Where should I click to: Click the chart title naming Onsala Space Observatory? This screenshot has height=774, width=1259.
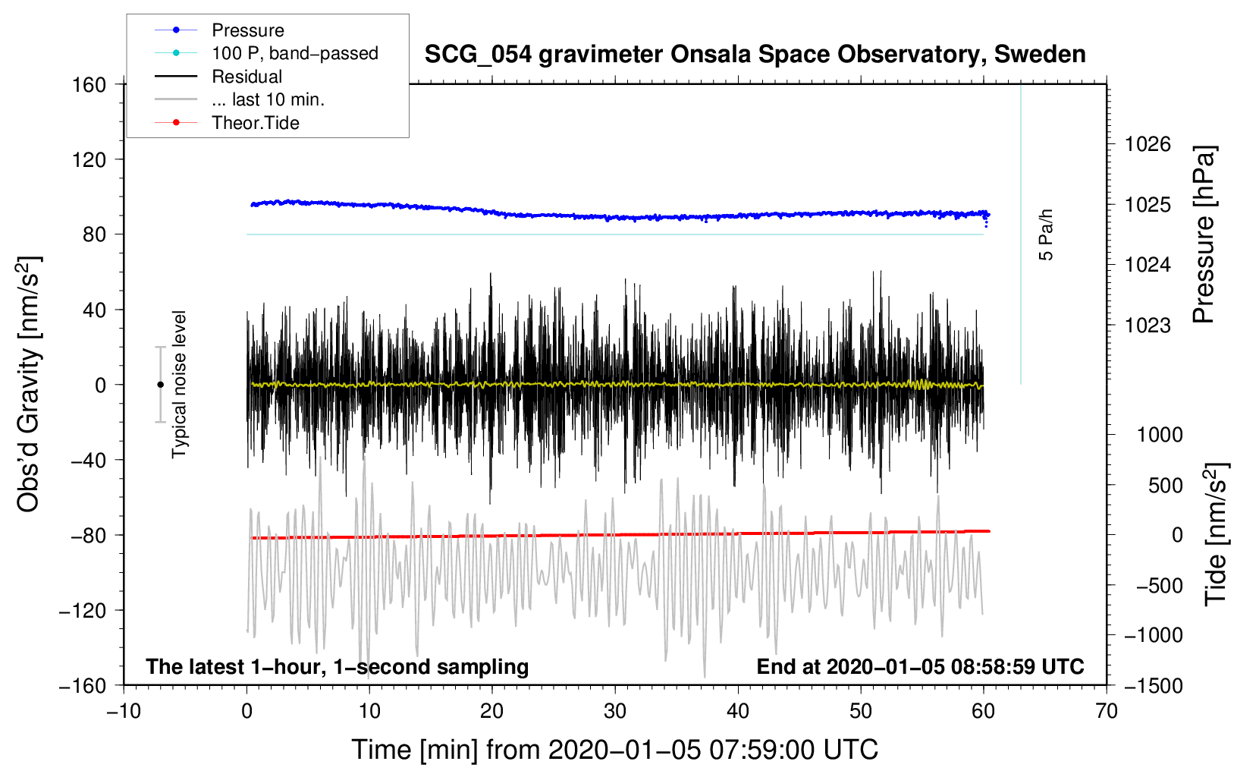[x=755, y=55]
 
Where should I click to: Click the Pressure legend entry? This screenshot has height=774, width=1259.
[x=247, y=30]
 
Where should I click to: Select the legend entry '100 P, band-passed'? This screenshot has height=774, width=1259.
[x=294, y=53]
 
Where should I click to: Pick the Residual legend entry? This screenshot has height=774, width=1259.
[x=246, y=77]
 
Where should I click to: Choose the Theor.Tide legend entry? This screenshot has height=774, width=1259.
[x=255, y=123]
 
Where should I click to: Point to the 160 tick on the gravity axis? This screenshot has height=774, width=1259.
[x=89, y=84]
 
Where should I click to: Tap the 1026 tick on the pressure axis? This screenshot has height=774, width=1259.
[x=1148, y=144]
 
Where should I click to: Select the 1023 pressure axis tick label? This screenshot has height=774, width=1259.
[x=1148, y=326]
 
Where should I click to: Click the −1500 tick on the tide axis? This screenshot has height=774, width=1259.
[x=1154, y=685]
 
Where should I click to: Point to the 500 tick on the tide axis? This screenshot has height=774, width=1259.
[x=1165, y=485]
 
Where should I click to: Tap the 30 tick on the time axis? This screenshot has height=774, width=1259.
[x=615, y=711]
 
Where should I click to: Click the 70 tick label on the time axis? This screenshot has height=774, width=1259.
[x=1107, y=711]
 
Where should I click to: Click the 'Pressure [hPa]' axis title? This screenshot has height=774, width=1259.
[x=1204, y=234]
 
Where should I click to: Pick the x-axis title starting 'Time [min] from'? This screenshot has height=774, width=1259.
[x=614, y=750]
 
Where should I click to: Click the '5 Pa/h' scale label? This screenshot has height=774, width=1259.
[x=1046, y=234]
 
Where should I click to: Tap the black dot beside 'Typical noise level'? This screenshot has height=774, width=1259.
[x=160, y=385]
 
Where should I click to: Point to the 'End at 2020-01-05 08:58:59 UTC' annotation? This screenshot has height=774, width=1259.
[x=920, y=667]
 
